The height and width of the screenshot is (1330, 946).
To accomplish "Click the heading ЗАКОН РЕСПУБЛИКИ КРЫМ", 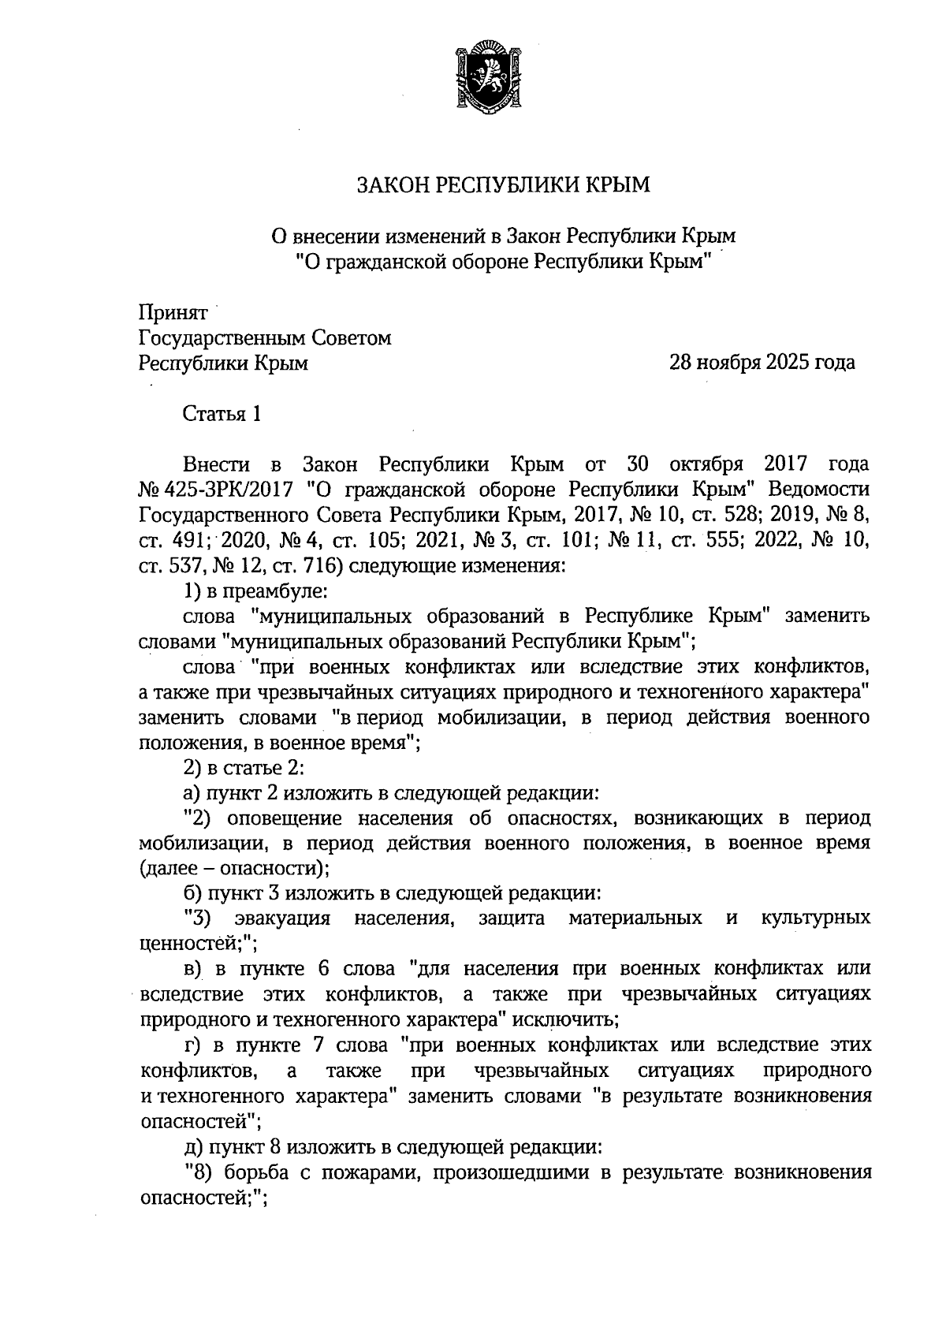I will tap(504, 185).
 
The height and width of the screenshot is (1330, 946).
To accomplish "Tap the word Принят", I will tap(173, 313).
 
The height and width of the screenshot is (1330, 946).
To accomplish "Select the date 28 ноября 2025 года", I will tap(762, 363).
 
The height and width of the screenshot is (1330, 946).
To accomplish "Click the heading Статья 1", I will tap(222, 414).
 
